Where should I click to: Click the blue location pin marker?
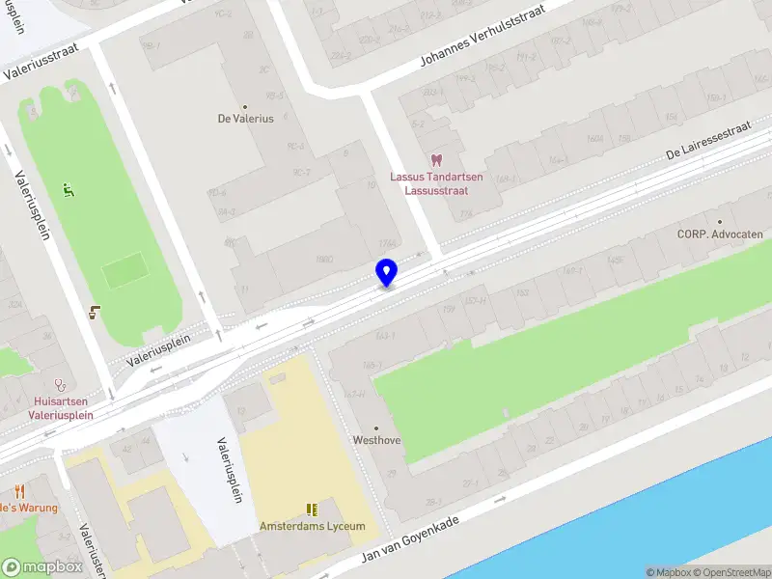pyautogui.click(x=386, y=272)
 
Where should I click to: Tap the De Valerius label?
pyautogui.click(x=245, y=119)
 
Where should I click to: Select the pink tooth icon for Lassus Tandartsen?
pyautogui.click(x=435, y=161)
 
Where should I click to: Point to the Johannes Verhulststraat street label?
pyautogui.click(x=482, y=35)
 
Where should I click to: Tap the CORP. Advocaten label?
pyautogui.click(x=720, y=234)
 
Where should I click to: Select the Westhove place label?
pyautogui.click(x=376, y=440)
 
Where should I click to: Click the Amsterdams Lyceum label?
pyautogui.click(x=312, y=526)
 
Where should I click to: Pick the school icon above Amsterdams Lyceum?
pyautogui.click(x=312, y=509)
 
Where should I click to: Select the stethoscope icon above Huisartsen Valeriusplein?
pyautogui.click(x=60, y=384)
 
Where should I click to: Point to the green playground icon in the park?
pyautogui.click(x=68, y=189)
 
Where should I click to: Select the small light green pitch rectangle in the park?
pyautogui.click(x=124, y=270)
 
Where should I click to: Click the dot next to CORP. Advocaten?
pyautogui.click(x=746, y=221)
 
